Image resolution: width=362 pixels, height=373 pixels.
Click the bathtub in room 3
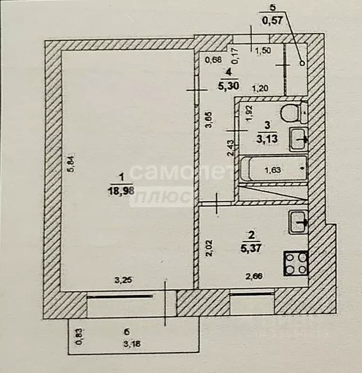274,170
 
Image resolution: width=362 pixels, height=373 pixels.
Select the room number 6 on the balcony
127,332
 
